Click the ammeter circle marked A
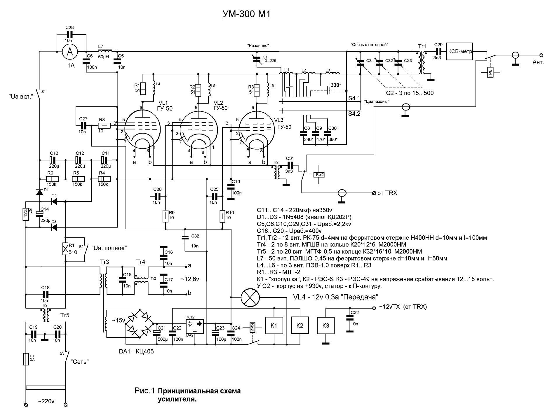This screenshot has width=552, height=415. pyautogui.click(x=70, y=52)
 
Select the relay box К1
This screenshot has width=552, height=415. pyautogui.click(x=274, y=325)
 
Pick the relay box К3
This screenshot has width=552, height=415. pyautogui.click(x=326, y=326)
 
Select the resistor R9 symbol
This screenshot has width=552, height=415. pyautogui.click(x=165, y=216)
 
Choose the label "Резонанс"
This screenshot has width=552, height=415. pyautogui.click(x=257, y=45)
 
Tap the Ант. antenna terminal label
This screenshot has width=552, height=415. pyautogui.click(x=538, y=62)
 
